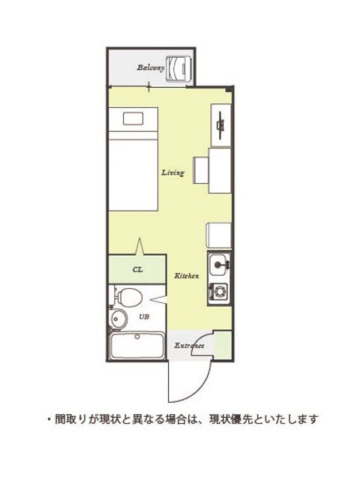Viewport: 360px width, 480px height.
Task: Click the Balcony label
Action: click(150, 67)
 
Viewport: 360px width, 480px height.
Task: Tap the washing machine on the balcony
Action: click(179, 69)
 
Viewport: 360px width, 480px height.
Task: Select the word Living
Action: click(173, 172)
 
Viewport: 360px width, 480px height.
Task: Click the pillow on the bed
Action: click(133, 118)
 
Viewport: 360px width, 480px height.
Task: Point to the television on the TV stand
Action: click(220, 124)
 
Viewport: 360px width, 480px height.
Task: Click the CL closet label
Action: click(138, 270)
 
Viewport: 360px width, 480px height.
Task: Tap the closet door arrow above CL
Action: click(139, 247)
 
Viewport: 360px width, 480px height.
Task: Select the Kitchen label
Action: click(187, 276)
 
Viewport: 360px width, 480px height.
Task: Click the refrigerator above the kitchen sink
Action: click(219, 235)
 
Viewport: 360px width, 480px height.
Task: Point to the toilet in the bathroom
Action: click(127, 297)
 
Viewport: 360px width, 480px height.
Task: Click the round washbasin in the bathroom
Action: click(118, 319)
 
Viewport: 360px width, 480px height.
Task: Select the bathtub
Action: click(137, 346)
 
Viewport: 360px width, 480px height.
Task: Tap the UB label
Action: click(144, 317)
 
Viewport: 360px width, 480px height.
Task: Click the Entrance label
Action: click(189, 346)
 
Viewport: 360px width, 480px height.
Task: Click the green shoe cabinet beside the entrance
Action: click(223, 344)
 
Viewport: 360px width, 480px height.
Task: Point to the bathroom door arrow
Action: click(159, 299)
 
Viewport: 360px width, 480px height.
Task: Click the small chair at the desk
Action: click(201, 170)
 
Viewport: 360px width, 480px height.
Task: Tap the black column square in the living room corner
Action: click(228, 90)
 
